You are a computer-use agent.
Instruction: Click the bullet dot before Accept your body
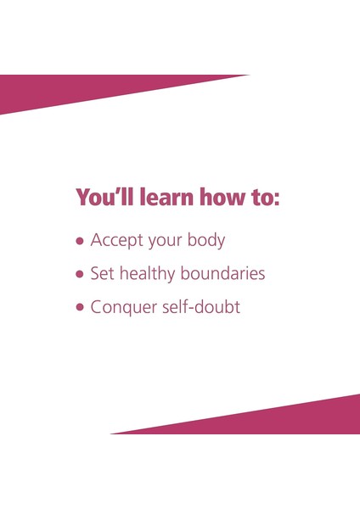point(81,241)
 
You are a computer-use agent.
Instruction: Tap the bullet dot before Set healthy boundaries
point(81,275)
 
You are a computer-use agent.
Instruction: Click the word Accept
point(117,240)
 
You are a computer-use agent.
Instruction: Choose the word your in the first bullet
point(166,242)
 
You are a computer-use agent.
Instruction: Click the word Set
point(103,274)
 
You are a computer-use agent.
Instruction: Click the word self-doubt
point(202,307)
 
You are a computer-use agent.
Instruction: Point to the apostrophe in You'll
point(115,191)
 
